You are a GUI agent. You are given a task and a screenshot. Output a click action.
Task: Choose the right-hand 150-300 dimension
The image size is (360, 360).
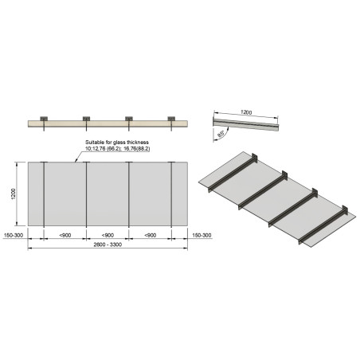pyautogui.click(x=200, y=236)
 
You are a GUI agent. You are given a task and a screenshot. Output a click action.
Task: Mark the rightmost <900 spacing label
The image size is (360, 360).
pyautogui.click(x=150, y=236)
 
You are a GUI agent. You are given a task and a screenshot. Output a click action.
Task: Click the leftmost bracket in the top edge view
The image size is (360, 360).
pyautogui.click(x=44, y=120)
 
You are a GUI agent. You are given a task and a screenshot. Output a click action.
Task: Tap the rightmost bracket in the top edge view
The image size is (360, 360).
pyautogui.click(x=170, y=120)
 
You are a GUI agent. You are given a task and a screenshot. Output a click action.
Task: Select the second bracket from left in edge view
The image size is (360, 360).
pyautogui.click(x=86, y=120)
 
